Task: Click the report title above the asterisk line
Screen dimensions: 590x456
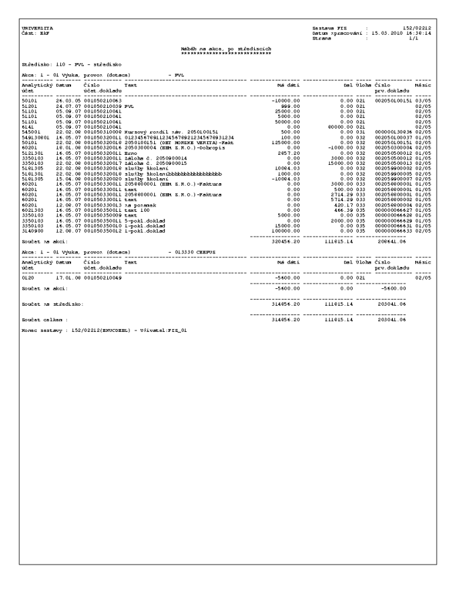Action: tap(225, 49)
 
